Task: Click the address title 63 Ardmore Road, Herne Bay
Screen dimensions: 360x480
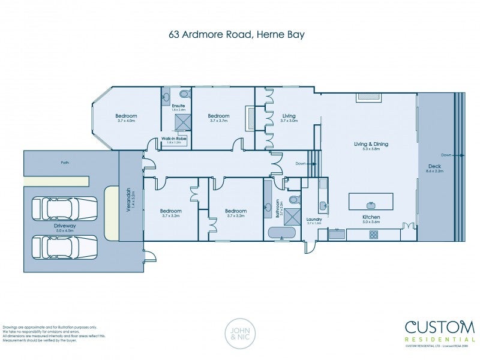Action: tap(236, 34)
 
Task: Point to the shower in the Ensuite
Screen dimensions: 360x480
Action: tap(182, 122)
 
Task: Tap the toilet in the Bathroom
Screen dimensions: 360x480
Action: tap(294, 199)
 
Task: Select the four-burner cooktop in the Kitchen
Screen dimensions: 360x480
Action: tap(373, 235)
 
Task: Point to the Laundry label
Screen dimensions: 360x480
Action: tap(314, 220)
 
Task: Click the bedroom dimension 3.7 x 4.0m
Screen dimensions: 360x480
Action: tap(126, 121)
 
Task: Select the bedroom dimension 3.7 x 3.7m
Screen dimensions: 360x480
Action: tap(218, 121)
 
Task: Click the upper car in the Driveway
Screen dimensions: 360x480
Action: tap(64, 209)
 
